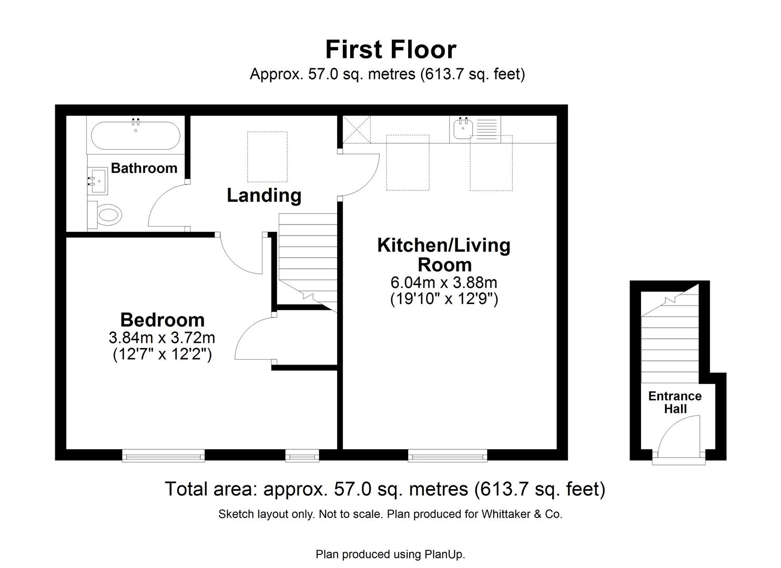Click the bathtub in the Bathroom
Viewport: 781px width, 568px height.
tap(135, 136)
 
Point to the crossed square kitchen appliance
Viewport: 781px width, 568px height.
tap(356, 129)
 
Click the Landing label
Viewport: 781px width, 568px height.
tap(264, 195)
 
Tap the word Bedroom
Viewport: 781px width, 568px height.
tap(162, 320)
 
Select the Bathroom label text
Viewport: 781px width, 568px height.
tap(144, 168)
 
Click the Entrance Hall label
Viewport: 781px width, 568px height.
tap(675, 402)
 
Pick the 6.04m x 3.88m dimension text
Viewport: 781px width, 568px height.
tap(443, 282)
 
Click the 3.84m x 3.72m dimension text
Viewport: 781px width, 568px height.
tap(162, 337)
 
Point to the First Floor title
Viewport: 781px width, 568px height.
tap(390, 49)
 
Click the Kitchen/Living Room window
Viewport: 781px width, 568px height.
tap(448, 455)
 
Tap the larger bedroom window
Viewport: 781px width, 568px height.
tap(163, 455)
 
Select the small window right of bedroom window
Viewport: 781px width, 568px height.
tap(302, 455)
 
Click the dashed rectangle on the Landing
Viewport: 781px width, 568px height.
tap(267, 157)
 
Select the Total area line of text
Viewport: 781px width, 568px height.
tap(385, 489)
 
